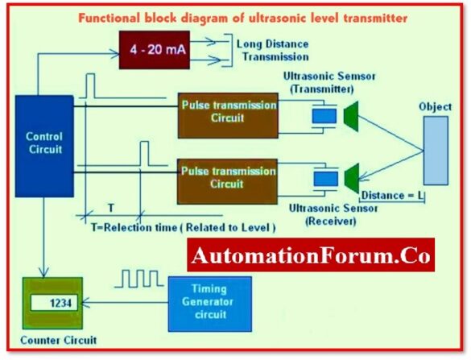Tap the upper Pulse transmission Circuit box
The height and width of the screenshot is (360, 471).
[229, 113]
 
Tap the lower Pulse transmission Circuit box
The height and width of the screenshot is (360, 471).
[229, 178]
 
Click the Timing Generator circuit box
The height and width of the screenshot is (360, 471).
[209, 304]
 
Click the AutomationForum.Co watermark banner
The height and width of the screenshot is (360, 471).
[311, 257]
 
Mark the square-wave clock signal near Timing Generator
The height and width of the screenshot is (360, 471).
[140, 280]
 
